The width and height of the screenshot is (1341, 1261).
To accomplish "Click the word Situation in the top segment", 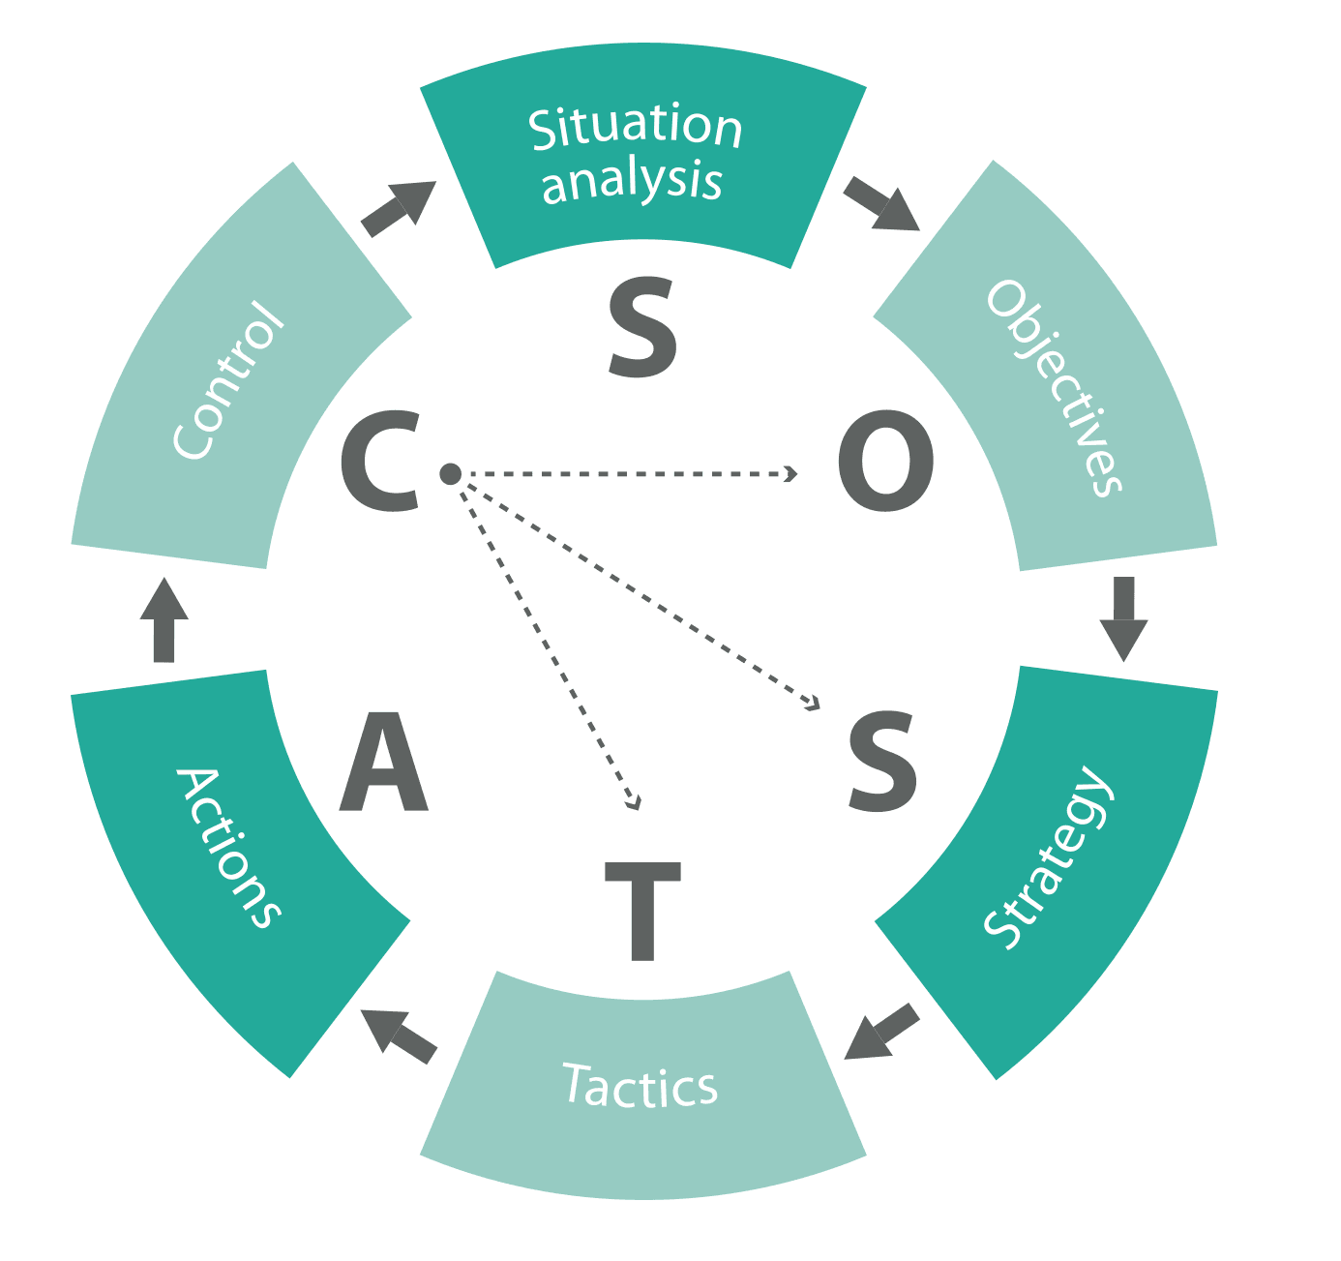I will [x=636, y=127].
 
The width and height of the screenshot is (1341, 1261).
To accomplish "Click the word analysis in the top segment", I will [x=632, y=181].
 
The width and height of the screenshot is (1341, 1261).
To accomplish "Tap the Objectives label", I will [x=1055, y=388].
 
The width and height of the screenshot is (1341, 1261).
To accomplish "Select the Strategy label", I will [x=1049, y=857].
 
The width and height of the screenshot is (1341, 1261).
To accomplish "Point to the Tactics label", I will [x=641, y=1085].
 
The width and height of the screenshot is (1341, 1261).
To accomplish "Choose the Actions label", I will [x=228, y=848].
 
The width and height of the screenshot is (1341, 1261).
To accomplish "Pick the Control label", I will [x=229, y=380].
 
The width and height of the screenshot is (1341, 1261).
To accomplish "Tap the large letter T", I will [x=642, y=911].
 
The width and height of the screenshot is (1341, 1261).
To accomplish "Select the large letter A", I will [x=384, y=762].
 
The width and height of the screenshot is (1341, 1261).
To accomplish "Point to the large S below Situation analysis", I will [x=642, y=329].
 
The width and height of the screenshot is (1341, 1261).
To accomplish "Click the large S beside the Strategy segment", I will [x=881, y=762].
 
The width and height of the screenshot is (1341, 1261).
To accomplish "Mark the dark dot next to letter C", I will [x=450, y=473].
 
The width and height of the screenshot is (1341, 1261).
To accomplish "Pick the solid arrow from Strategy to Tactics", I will [x=881, y=1033].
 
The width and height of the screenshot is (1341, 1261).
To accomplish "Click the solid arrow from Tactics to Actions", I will [x=399, y=1036].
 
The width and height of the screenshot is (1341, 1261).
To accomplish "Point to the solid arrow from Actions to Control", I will [x=164, y=620].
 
